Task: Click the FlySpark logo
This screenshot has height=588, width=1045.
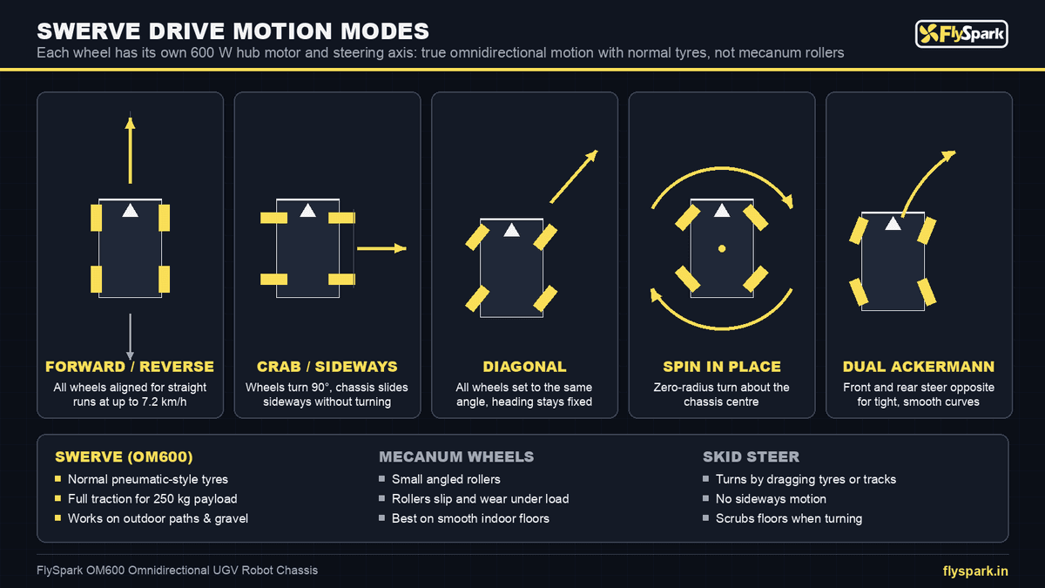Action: pos(961,34)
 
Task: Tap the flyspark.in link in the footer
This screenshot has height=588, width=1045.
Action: pos(975,571)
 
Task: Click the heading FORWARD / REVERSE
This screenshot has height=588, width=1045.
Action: pos(130,367)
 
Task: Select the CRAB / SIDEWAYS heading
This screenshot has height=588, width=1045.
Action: pos(327,367)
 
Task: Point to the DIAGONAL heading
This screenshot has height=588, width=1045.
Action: pos(524,367)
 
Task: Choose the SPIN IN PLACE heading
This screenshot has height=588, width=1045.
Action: pos(722,367)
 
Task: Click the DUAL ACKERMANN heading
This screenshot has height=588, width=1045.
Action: pos(919,367)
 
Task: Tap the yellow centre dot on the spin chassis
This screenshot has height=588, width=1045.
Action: pos(722,249)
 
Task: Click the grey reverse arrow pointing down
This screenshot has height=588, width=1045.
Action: pos(130,336)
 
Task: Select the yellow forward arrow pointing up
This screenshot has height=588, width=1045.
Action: pos(130,150)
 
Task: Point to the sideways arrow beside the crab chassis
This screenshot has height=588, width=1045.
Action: pos(381,248)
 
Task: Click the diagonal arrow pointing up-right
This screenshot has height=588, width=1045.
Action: pos(574,176)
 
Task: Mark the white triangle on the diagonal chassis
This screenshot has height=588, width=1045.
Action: pos(512,230)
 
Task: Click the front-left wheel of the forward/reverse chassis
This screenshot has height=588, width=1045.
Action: pos(96,218)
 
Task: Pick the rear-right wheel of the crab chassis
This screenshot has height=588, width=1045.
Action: pos(341,279)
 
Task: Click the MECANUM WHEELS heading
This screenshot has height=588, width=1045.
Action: pos(456,456)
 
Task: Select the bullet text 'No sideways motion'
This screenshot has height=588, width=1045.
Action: pos(771,499)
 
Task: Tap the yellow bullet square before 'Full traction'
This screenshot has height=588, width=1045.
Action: pos(57,498)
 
